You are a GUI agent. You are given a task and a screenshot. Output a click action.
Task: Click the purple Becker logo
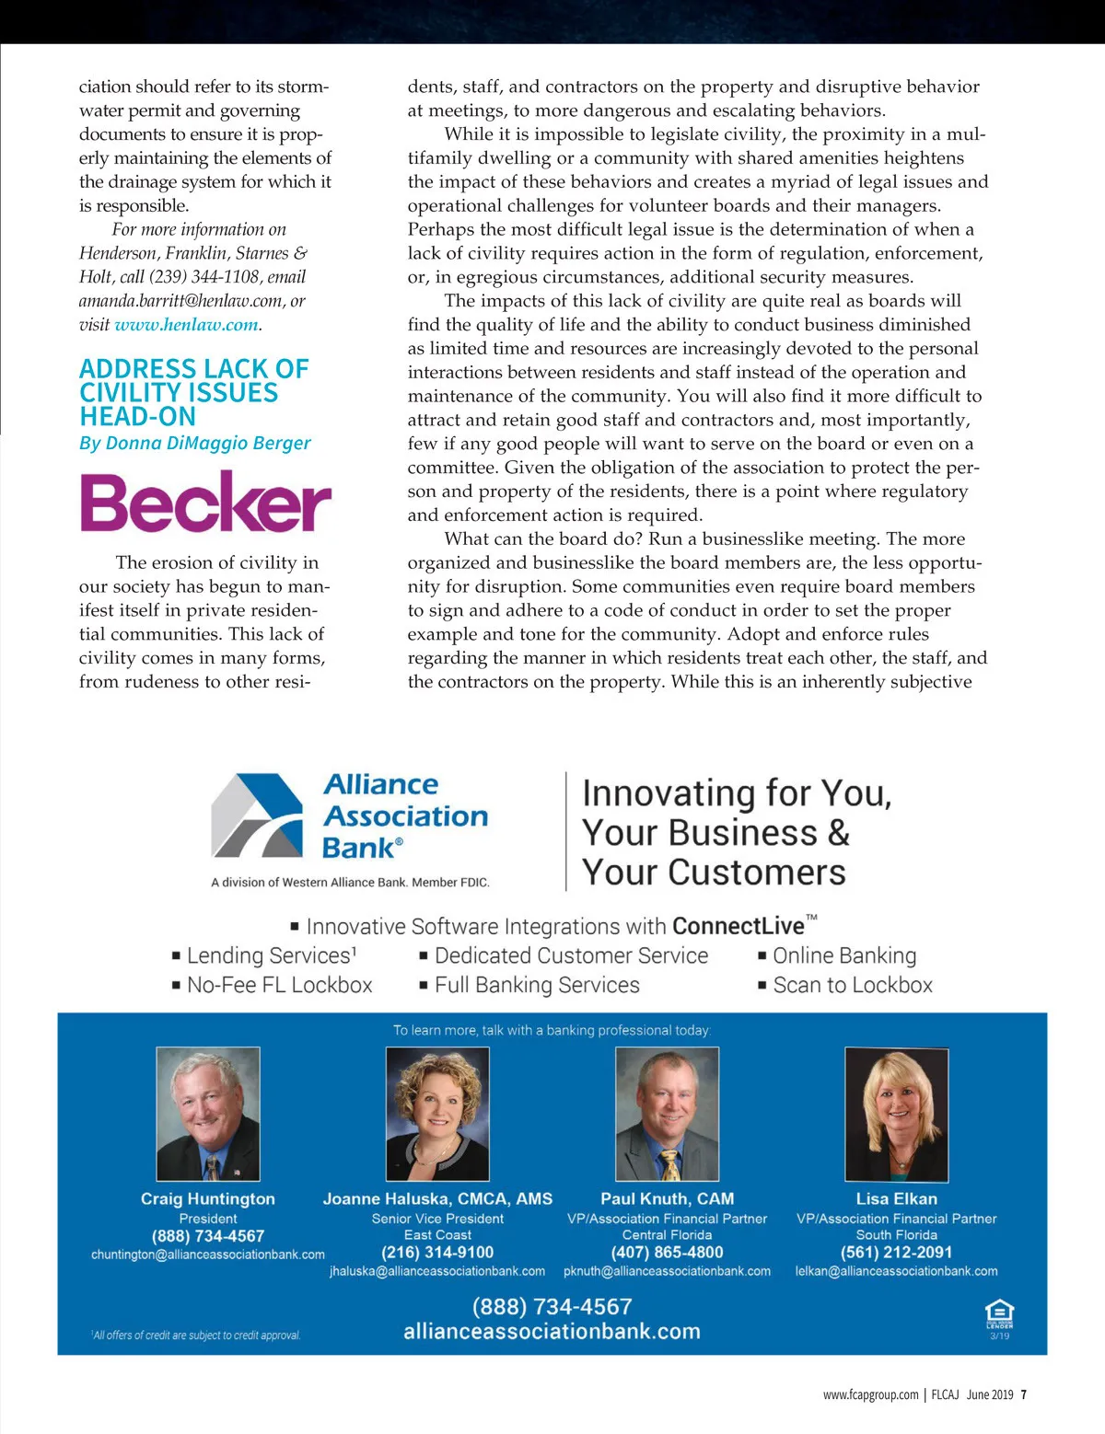pos(204,503)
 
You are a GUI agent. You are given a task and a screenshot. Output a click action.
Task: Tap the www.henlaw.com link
pos(186,325)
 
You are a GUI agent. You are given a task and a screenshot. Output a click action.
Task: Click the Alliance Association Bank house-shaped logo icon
pos(257,815)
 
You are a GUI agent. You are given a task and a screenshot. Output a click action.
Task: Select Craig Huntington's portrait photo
pos(208,1114)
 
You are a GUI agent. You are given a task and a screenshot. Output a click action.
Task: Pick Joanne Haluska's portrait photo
pos(437,1114)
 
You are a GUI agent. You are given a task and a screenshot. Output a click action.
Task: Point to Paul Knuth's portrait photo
pos(667,1114)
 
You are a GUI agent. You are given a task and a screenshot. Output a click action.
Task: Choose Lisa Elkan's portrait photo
pos(896,1114)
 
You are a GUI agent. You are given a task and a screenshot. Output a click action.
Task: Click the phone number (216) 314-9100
pos(437,1253)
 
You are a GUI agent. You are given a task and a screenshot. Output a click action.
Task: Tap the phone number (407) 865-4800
pos(667,1253)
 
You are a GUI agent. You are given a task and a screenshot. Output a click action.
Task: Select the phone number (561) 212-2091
pos(896,1253)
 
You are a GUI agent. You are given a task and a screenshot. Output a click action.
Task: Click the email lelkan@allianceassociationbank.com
pos(896,1271)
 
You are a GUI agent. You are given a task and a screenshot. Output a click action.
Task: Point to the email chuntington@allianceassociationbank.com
pos(208,1255)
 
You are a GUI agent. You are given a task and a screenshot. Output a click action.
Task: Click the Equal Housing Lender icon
pos(999,1314)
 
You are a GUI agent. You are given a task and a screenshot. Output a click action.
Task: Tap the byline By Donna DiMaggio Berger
pos(195,443)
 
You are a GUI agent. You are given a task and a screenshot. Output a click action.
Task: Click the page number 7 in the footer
pos(1024,1394)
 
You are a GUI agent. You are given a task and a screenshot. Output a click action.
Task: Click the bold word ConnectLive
pos(738,926)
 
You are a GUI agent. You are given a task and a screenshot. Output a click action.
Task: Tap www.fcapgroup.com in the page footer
pos(870,1394)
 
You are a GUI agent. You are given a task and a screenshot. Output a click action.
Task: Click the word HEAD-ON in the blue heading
pos(137,417)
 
